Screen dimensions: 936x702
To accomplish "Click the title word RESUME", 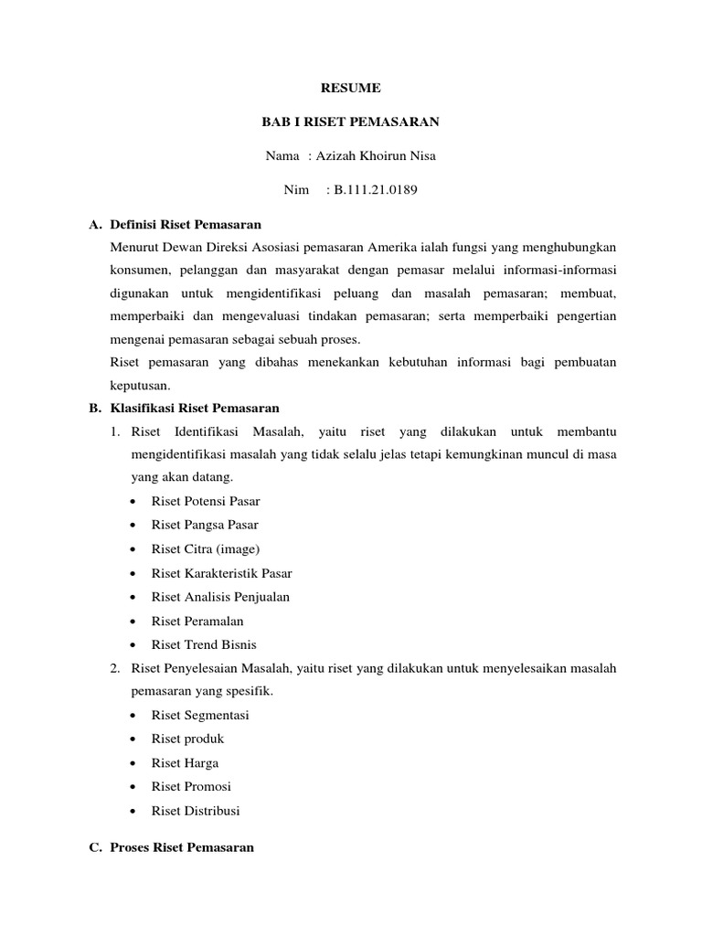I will [x=350, y=89].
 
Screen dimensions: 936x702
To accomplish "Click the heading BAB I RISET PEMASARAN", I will [x=350, y=122].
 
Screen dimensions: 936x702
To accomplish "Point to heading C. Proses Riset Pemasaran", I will [x=182, y=847].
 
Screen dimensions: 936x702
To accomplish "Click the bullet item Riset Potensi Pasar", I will [x=206, y=501].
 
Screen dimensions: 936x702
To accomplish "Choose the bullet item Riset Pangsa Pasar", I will [x=205, y=525].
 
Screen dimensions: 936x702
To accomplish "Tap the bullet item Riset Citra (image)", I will [x=206, y=548].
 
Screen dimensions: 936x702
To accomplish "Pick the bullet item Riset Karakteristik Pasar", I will [x=221, y=573].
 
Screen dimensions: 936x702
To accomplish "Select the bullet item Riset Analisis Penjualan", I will [x=220, y=597].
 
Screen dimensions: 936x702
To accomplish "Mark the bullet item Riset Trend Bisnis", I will [x=204, y=644].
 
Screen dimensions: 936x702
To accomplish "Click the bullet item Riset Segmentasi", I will [x=200, y=715].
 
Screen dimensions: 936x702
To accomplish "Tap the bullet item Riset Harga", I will [x=185, y=762].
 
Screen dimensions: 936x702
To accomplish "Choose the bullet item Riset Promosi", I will [x=191, y=786].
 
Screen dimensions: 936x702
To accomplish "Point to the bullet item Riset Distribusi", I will [x=196, y=810].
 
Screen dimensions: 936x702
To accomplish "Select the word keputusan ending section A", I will [x=140, y=386].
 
